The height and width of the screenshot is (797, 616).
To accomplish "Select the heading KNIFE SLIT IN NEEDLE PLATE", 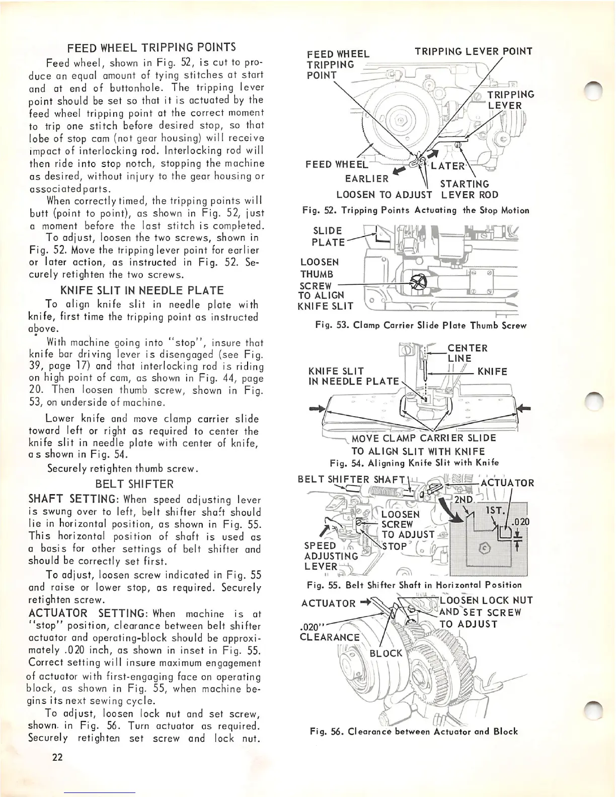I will pos(141,291).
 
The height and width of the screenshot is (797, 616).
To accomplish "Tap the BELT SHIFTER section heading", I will pos(134,484).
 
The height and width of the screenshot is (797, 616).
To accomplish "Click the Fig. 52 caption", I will pos(416,210).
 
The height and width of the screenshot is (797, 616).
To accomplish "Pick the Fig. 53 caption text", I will pos(420,326).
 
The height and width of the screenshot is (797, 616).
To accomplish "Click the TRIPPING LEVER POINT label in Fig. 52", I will pos(473,51).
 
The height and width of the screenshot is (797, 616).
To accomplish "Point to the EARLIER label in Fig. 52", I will pos(367,179).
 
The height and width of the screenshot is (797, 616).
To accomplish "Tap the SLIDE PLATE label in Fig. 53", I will pos(328,236).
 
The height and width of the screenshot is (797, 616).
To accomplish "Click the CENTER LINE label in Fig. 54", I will pos(467,353).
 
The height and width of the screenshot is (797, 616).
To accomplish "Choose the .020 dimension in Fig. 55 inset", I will pos(521,522).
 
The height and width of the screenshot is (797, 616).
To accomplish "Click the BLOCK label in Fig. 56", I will pos(387,653).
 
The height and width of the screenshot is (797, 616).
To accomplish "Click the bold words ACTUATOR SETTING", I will pos(87,613).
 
